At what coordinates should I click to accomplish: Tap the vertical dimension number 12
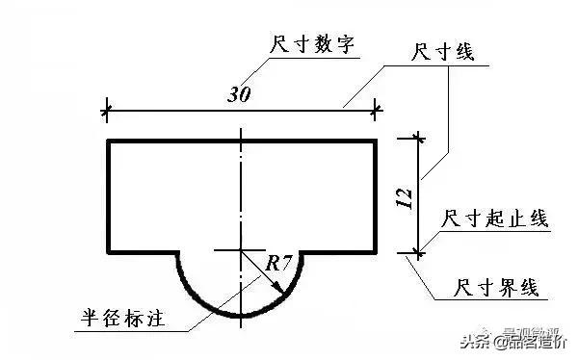405,196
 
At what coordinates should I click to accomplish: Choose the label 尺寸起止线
494,219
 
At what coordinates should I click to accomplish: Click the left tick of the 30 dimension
107,110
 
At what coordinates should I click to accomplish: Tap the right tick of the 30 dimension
375,110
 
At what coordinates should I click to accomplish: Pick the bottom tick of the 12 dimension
417,252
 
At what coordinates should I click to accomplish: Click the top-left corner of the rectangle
107,141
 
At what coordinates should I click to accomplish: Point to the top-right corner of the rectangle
375,141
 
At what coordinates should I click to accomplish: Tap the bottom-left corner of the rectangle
107,251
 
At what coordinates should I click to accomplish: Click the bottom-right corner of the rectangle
375,251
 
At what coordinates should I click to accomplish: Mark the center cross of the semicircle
240,251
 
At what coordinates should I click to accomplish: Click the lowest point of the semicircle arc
240,317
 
